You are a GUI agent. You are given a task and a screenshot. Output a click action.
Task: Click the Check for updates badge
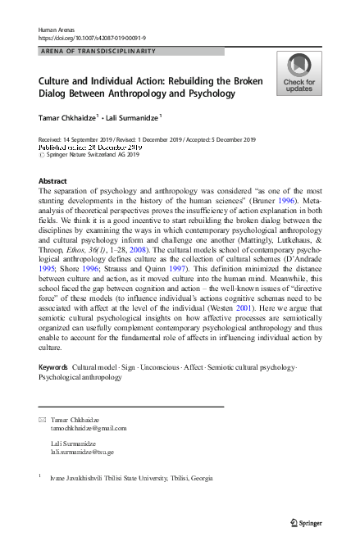click(x=299, y=73)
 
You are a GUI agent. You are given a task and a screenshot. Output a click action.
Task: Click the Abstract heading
click(x=52, y=180)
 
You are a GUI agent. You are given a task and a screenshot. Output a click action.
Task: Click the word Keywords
click(x=53, y=367)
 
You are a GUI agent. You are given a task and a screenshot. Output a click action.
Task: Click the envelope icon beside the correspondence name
click(x=42, y=420)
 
